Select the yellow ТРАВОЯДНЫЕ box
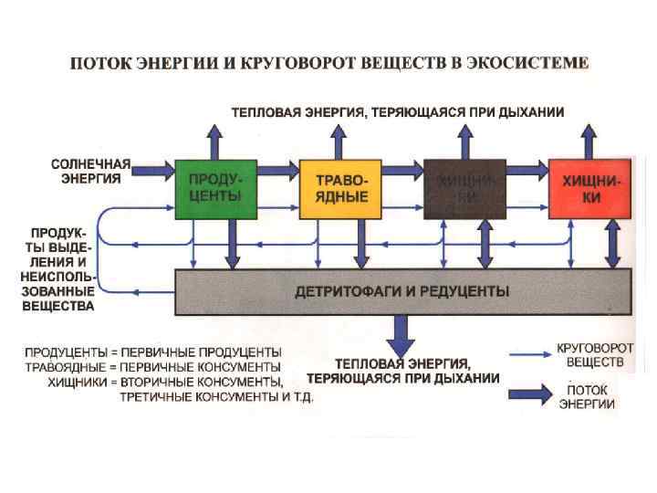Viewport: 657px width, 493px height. (340, 189)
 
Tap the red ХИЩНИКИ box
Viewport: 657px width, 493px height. (589, 189)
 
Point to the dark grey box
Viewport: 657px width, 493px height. (464, 189)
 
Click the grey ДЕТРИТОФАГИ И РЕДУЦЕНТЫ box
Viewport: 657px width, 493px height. (401, 292)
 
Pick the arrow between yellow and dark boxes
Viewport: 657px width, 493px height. (402, 169)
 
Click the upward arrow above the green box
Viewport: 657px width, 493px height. (214, 141)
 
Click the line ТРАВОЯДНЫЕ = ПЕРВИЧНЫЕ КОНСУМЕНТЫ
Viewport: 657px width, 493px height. (153, 366)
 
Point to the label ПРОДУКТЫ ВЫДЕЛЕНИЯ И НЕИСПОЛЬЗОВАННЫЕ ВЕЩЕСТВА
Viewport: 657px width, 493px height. (57, 265)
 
